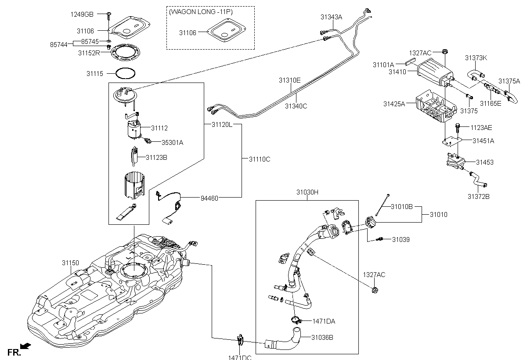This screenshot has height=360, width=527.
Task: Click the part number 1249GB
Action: (82, 14)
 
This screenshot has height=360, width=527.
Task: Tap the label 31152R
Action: (89, 53)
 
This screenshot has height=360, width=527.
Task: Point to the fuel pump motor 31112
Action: (133, 129)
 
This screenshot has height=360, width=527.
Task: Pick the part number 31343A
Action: (331, 17)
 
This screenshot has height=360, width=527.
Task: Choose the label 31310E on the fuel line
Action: (289, 80)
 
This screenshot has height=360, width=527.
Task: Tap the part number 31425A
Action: (394, 104)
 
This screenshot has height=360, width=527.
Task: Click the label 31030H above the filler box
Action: (307, 192)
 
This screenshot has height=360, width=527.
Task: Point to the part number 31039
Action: (401, 239)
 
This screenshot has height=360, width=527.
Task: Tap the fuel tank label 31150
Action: (70, 263)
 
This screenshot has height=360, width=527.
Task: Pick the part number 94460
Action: (209, 198)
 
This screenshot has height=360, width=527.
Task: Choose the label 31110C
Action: (260, 159)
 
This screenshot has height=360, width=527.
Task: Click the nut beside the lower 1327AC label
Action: (374, 289)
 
